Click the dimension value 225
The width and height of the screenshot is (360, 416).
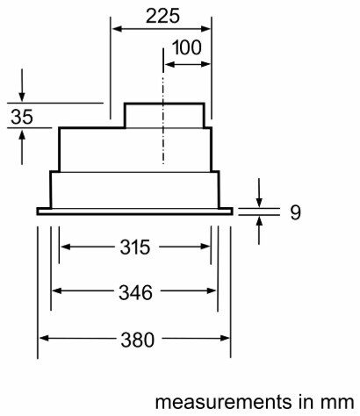[162, 16]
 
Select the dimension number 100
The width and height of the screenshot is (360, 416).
[187, 47]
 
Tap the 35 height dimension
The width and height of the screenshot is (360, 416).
[22, 117]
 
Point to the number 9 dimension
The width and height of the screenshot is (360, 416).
[295, 212]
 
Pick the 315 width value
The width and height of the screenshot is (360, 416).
[135, 247]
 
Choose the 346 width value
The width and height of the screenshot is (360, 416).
[135, 292]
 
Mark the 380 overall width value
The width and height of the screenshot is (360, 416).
[137, 340]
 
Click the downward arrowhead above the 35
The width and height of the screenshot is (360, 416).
[22, 97]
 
